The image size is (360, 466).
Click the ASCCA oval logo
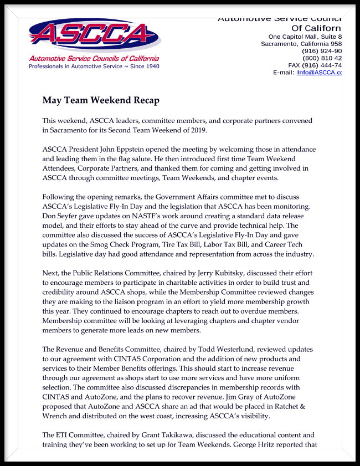(95, 35)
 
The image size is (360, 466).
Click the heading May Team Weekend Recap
(101, 100)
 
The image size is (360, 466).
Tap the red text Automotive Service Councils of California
(94, 58)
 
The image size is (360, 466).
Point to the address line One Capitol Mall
(301, 37)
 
